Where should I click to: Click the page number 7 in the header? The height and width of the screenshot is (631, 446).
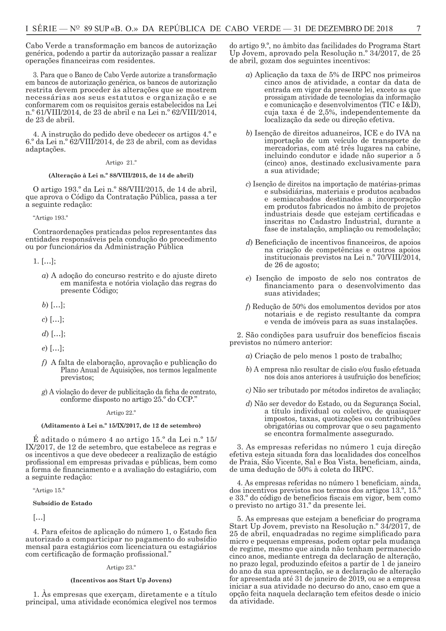click(x=418, y=29)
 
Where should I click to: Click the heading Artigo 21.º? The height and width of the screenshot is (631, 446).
click(x=121, y=163)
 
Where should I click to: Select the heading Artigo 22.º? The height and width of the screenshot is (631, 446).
click(x=121, y=412)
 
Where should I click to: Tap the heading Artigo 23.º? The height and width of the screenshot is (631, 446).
click(x=121, y=568)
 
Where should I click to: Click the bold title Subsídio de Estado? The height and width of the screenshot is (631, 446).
click(x=62, y=503)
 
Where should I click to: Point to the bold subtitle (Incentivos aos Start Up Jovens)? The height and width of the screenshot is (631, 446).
click(x=121, y=580)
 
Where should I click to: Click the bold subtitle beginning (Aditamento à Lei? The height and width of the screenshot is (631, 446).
click(x=121, y=425)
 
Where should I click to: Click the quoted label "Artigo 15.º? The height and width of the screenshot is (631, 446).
click(x=49, y=490)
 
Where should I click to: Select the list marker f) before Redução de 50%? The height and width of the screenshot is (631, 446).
click(x=248, y=307)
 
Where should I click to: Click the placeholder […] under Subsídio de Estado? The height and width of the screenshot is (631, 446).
click(x=39, y=518)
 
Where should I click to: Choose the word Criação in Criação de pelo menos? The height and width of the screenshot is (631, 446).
click(x=268, y=356)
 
